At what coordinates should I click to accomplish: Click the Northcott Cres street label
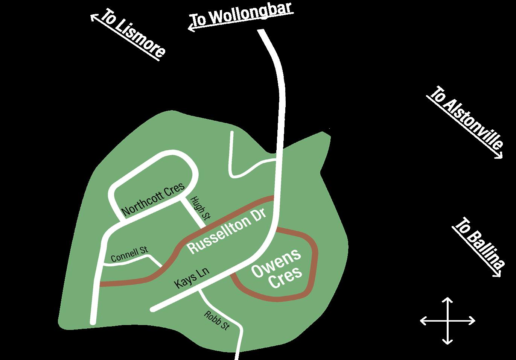click(153, 198)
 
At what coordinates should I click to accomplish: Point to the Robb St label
click(216, 321)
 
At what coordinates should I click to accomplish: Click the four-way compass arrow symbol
click(448, 321)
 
